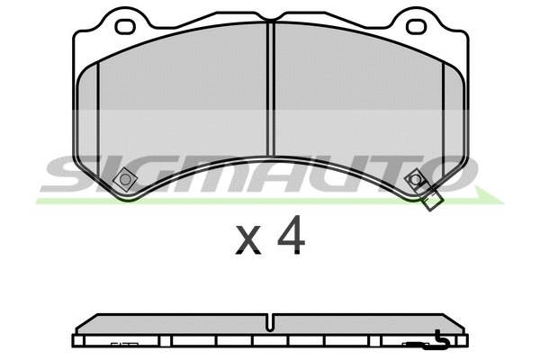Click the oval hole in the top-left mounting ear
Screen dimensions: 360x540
coord(125,26)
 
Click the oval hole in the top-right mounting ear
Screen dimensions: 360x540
coord(415,26)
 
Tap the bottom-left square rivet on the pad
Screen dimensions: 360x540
coord(125,181)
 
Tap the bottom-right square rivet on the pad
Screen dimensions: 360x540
coord(415,180)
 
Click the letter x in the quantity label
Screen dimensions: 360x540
coord(248,240)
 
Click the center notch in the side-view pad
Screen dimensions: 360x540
coord(270,322)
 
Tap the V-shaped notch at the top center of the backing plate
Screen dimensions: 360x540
coord(270,24)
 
